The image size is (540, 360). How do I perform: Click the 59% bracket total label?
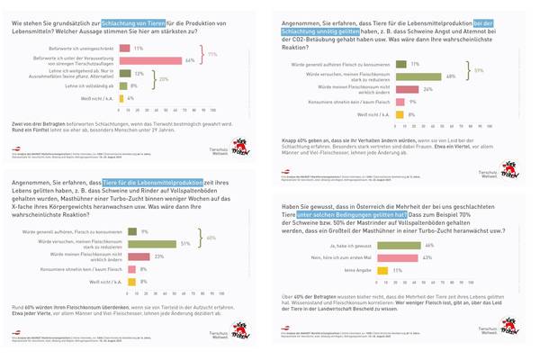(480, 70)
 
